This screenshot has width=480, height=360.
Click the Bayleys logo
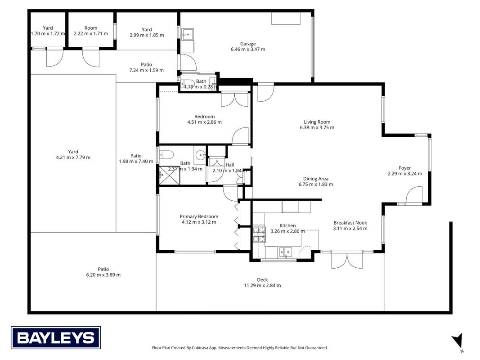point(56,337)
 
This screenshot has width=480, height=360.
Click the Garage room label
point(248,44)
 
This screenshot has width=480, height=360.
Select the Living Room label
point(317,122)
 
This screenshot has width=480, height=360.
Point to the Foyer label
point(405,168)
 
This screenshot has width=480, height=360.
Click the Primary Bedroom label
point(199,216)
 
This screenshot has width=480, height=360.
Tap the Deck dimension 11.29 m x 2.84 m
point(262,285)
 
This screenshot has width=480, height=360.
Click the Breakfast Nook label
point(350,223)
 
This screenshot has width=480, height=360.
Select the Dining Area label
point(316,179)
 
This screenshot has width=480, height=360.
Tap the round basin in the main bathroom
point(201,155)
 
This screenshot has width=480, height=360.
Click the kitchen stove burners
point(259,234)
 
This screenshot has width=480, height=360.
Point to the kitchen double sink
point(285,252)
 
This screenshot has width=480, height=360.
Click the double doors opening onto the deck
point(347,260)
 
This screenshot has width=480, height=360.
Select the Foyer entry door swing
point(414,195)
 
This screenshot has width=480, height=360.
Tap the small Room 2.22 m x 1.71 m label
point(91,31)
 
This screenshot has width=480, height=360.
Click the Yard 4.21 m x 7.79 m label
point(73,155)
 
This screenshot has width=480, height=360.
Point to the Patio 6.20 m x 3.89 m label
point(103,272)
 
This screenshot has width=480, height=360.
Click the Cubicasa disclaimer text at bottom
point(240,348)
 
